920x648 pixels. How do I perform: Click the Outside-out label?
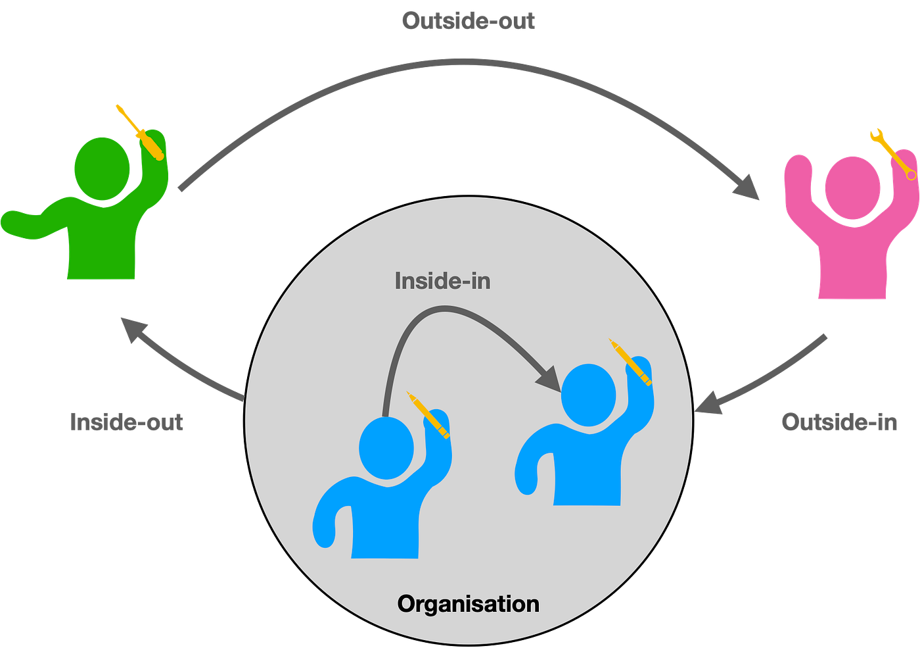tap(468, 20)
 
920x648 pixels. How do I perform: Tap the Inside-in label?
tap(442, 282)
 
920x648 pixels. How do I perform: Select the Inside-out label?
tap(126, 422)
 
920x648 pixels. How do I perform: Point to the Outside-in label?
tap(840, 422)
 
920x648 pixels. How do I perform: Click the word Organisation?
tap(468, 605)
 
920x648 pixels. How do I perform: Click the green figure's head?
tap(102, 169)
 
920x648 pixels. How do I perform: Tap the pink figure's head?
tap(853, 188)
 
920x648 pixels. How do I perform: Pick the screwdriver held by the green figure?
tap(140, 132)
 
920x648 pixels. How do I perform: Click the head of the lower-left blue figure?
tap(386, 448)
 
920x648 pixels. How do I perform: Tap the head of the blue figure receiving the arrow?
tap(589, 395)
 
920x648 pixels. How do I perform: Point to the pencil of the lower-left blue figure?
tap(428, 415)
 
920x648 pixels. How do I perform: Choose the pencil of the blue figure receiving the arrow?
tap(630, 362)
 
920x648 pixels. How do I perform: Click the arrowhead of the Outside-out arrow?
tap(745, 187)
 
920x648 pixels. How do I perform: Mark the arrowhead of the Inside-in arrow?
tap(549, 379)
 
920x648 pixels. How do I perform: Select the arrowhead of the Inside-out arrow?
tap(133, 330)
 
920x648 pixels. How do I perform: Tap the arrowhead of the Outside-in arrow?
tap(708, 403)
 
